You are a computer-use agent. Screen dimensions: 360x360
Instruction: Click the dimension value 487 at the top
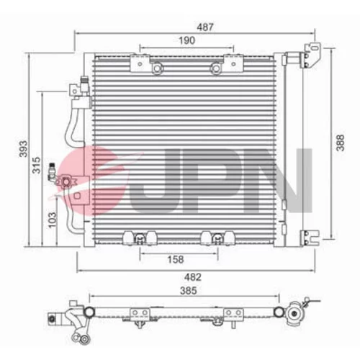[205, 27]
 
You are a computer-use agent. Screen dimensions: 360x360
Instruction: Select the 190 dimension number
[187, 40]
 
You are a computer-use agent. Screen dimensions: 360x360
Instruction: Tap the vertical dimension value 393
[23, 149]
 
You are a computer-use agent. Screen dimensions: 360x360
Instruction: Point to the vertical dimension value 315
[37, 165]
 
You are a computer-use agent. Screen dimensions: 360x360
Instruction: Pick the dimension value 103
[52, 220]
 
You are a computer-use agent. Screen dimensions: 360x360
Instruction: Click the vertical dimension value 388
[340, 143]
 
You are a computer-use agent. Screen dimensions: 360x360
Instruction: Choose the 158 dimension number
[176, 259]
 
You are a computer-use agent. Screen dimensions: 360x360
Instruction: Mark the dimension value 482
[192, 277]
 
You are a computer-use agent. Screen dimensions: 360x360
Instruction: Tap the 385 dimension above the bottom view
[189, 291]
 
